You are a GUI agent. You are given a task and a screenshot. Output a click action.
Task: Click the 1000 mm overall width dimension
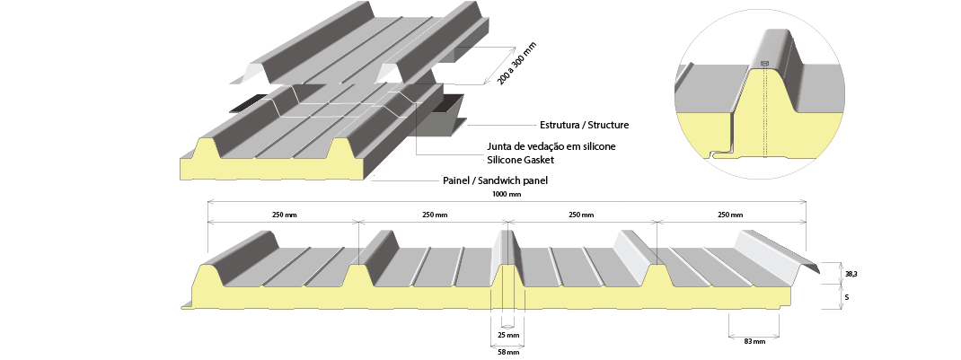point(507,194)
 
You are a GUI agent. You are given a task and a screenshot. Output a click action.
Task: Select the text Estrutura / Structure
point(584,125)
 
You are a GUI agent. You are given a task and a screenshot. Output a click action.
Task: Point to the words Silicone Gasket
point(520,160)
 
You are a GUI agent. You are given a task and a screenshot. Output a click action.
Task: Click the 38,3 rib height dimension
point(851,275)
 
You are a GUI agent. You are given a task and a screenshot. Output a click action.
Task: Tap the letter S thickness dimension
point(847,297)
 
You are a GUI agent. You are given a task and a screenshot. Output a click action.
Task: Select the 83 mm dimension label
point(754,342)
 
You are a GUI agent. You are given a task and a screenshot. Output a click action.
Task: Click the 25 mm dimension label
point(508,336)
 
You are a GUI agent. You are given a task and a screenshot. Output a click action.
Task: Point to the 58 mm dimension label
point(508,352)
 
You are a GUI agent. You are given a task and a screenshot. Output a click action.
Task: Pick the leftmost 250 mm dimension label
point(284,215)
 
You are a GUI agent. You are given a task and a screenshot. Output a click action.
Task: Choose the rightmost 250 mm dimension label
point(730,215)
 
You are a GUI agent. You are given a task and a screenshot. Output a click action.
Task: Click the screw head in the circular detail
point(764,63)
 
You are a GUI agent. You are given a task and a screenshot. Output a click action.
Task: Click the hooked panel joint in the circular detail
point(722,151)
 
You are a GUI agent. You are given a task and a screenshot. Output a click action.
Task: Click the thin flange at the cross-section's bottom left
point(187,305)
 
